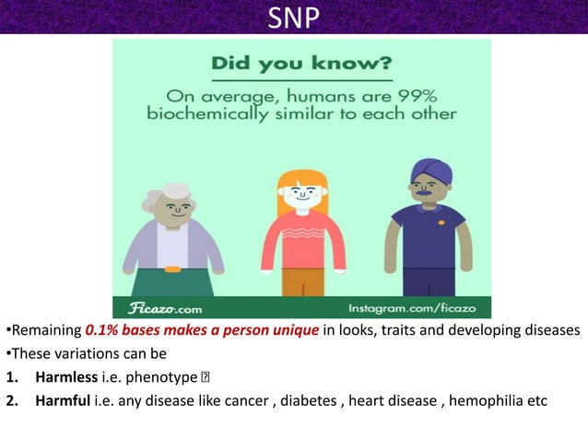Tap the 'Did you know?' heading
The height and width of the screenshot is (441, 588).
[x=301, y=65]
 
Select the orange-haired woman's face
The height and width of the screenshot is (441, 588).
[x=302, y=196]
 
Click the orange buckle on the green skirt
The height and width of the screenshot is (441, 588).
[x=172, y=268]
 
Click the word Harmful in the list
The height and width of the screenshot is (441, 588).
[x=63, y=400]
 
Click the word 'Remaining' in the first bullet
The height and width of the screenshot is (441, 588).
[x=43, y=331]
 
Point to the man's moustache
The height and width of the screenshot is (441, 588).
[x=426, y=203]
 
